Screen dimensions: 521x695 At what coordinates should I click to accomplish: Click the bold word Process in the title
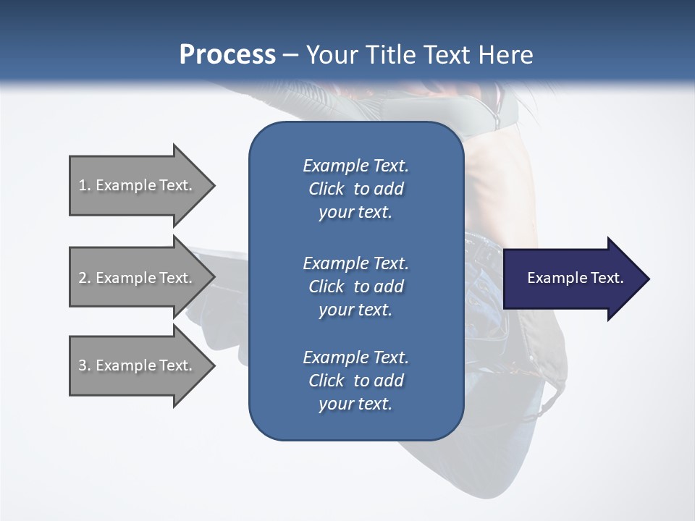[227, 54]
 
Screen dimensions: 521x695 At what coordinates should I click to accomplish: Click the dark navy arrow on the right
[572, 279]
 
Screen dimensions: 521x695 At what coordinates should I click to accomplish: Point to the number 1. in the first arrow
[84, 185]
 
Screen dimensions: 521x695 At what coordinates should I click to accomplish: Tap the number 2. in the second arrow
[84, 278]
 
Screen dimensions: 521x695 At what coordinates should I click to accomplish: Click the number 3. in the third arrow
[84, 365]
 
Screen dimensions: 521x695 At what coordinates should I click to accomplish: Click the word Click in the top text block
[326, 189]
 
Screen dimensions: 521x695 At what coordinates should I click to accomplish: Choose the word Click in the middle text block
[326, 287]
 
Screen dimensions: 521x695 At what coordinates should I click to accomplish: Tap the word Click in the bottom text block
[326, 381]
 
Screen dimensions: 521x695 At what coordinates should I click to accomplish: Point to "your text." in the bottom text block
[355, 404]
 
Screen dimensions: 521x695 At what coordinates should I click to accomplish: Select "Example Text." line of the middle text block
[355, 263]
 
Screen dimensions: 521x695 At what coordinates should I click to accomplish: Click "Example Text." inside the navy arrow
[576, 278]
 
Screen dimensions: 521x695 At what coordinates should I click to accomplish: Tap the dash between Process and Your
[291, 55]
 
